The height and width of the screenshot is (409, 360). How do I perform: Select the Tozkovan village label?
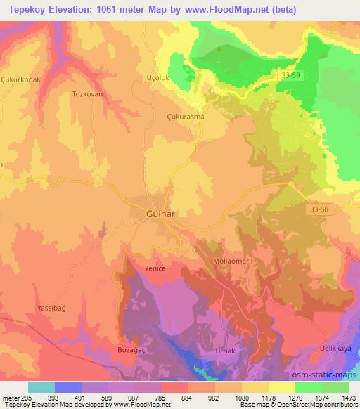point(89,93)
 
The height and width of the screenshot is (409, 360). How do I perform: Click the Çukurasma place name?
point(185,117)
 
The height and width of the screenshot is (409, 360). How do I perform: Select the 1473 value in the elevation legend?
point(345,397)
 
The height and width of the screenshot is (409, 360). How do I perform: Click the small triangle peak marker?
point(221,49)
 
